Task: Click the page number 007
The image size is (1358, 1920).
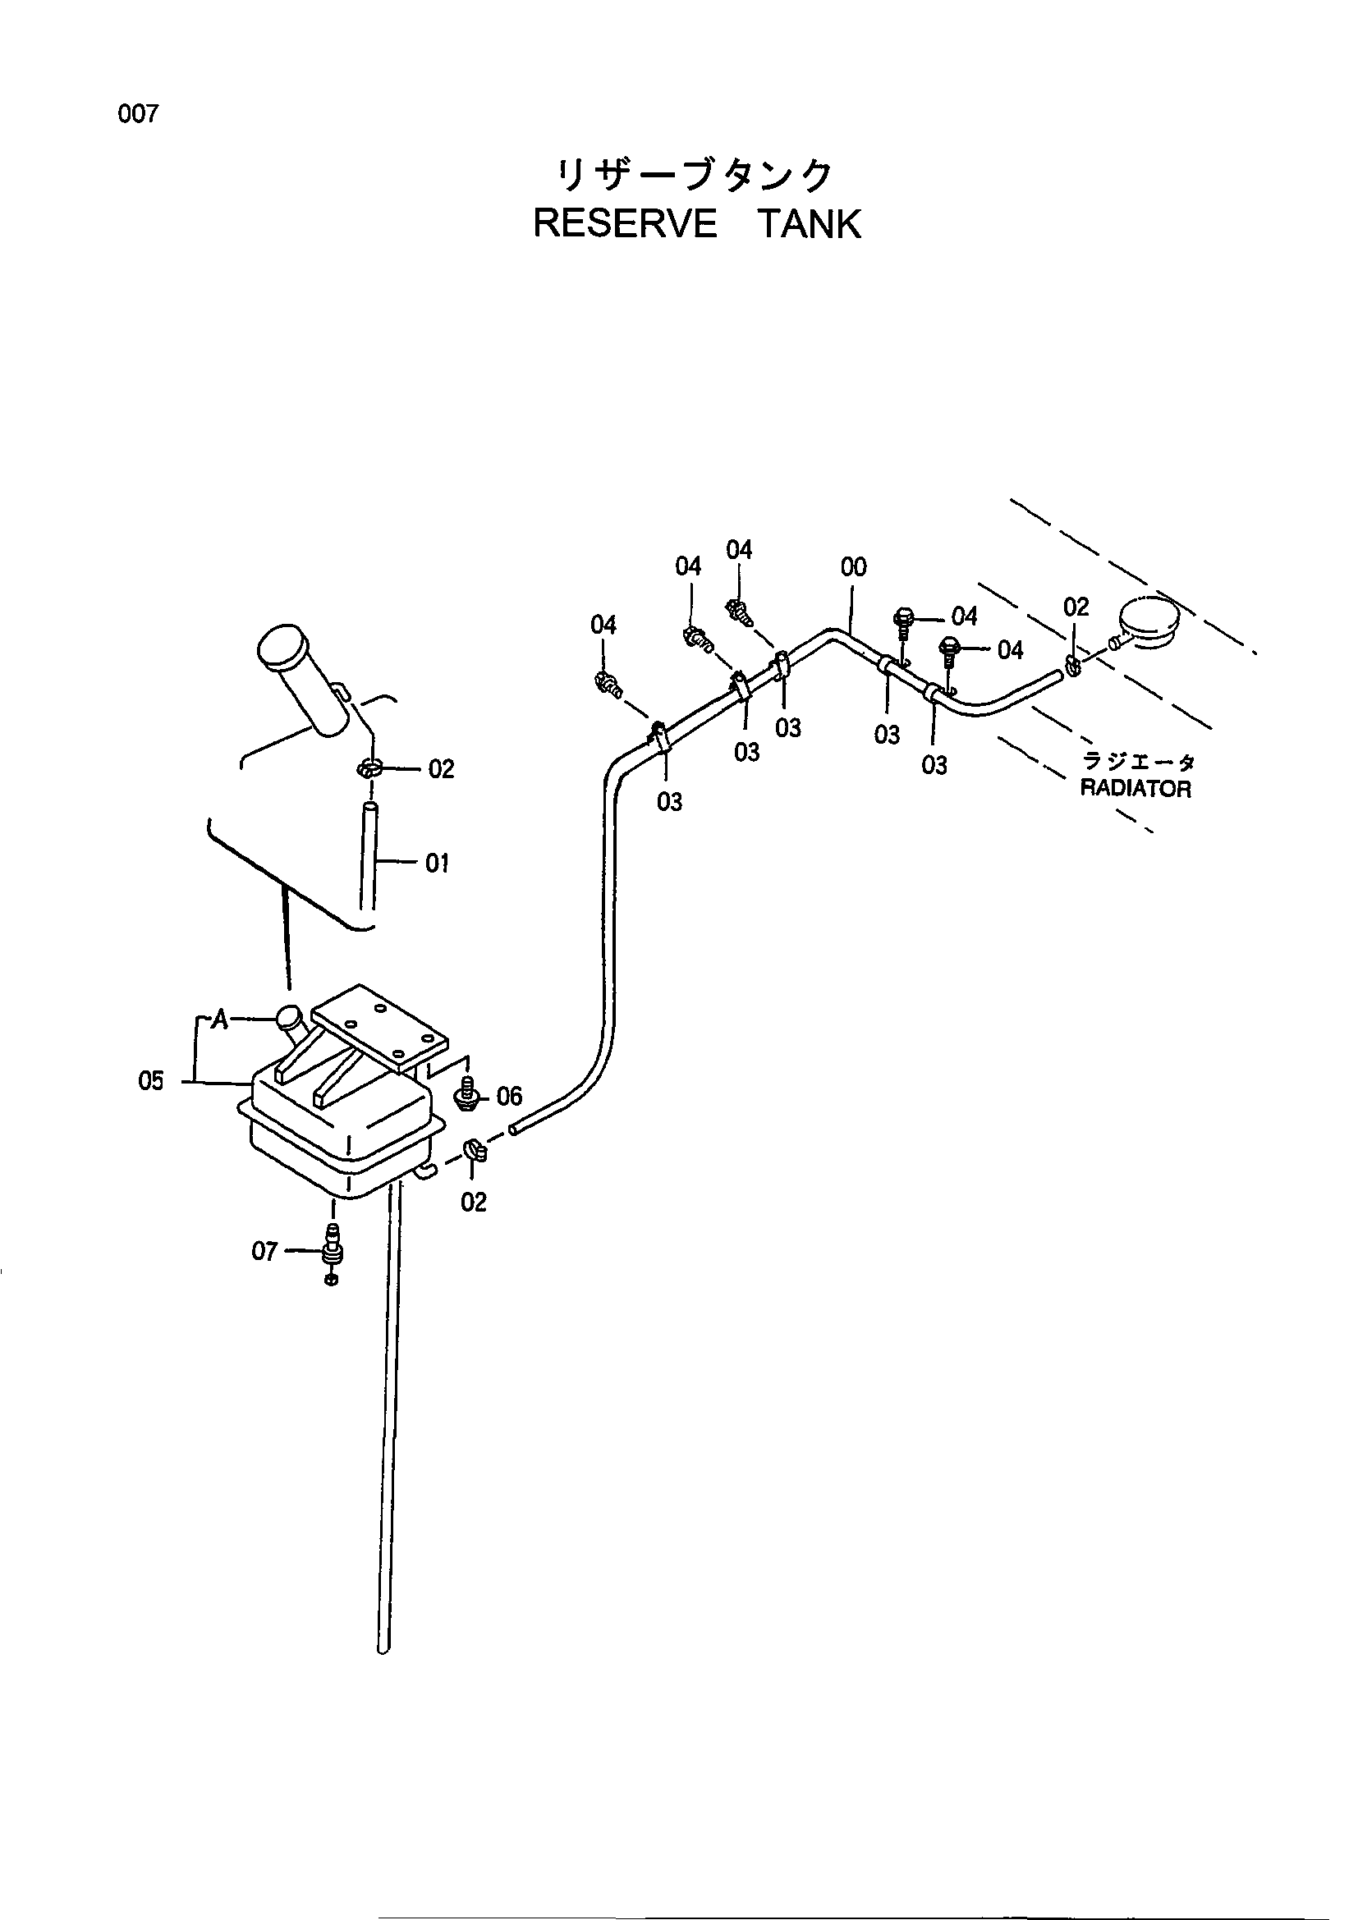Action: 138,115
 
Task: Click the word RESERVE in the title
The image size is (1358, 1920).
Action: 625,224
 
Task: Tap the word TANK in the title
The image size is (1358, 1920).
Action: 810,224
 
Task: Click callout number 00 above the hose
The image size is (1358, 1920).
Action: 853,567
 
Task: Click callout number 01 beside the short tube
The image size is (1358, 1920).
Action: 438,863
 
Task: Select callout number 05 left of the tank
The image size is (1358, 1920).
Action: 151,1081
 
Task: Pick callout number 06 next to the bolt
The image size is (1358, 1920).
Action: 509,1096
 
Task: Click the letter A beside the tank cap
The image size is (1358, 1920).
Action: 220,1020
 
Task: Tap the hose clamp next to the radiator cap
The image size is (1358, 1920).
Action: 1074,665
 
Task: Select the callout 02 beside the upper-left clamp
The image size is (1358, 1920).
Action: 441,768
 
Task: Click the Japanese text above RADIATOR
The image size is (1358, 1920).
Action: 1139,762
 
